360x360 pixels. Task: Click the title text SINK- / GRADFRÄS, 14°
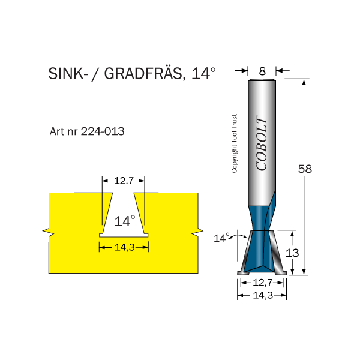[x=131, y=74]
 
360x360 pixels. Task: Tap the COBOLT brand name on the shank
[x=262, y=143]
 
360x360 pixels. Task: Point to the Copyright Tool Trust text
[x=235, y=144]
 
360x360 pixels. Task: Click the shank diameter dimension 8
[x=262, y=71]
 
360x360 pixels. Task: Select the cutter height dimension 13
[x=292, y=253]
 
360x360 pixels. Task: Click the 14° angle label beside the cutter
[x=221, y=238]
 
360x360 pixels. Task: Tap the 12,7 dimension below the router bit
[x=262, y=282]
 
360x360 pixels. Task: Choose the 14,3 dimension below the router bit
[x=262, y=295]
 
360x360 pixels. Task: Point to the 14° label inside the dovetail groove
[x=125, y=221]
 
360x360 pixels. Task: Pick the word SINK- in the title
[x=65, y=74]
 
